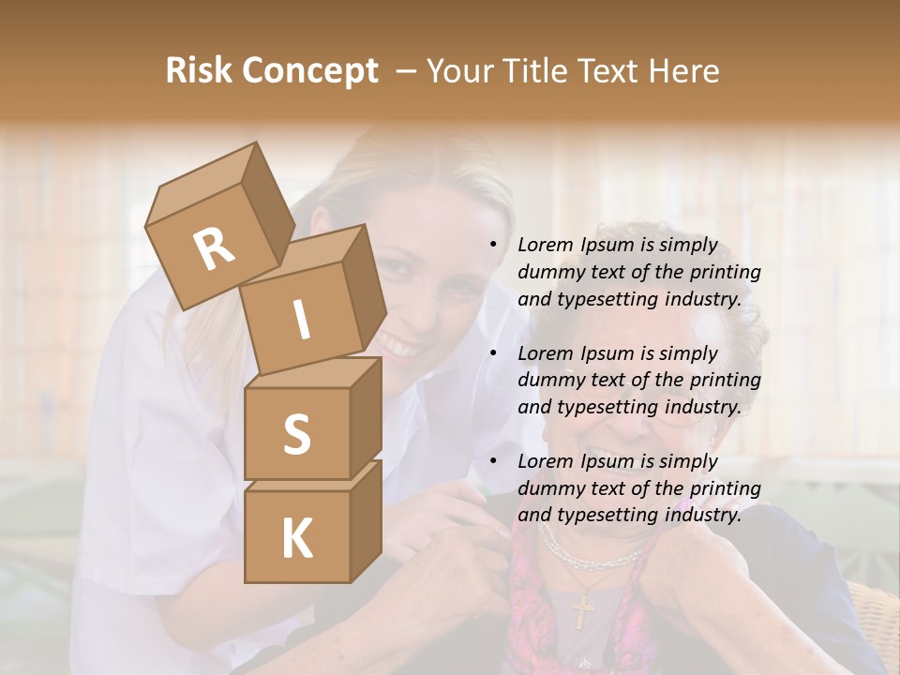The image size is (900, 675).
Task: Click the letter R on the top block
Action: click(214, 248)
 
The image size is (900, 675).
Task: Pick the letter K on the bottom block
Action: click(296, 538)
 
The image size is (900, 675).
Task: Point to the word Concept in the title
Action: click(310, 71)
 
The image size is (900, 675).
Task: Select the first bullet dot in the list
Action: click(493, 246)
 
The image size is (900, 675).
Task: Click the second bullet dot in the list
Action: click(493, 353)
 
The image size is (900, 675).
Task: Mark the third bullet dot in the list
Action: click(493, 461)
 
